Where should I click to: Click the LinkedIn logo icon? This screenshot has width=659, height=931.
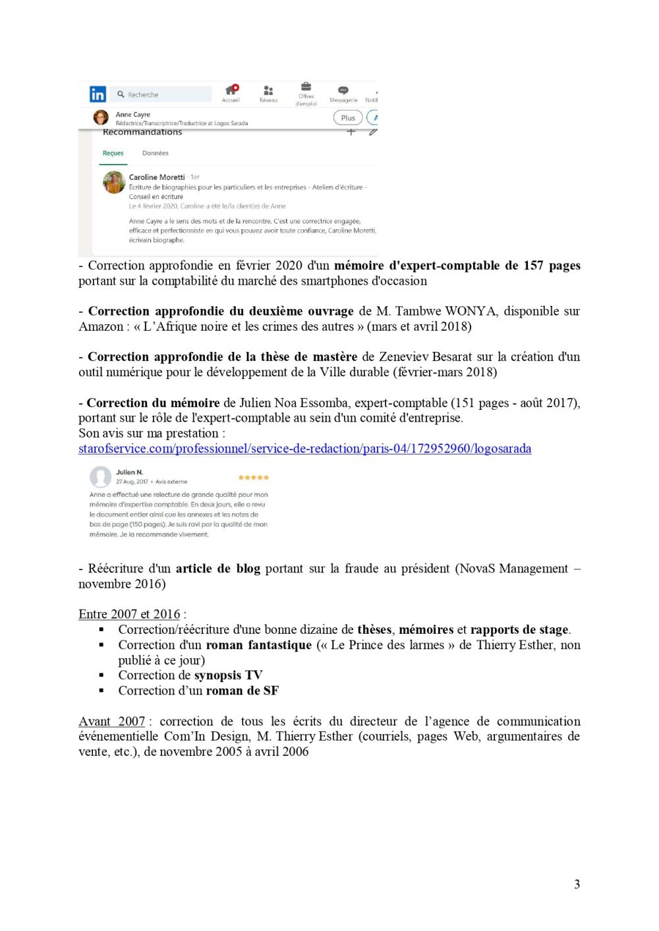point(98,94)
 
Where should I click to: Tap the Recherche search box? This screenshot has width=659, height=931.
point(161,94)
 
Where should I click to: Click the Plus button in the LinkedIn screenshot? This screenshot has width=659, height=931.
point(348,118)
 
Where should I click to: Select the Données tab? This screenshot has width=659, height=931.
point(156,153)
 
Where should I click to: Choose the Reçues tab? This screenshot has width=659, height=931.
point(113,153)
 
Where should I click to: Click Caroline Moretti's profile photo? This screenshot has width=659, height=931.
point(115,183)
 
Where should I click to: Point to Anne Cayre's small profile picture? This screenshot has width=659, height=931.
point(101,118)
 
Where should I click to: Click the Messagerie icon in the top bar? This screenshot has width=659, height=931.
point(343,90)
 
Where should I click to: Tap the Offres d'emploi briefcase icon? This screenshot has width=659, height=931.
point(306,87)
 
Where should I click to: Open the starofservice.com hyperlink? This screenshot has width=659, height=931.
point(304,449)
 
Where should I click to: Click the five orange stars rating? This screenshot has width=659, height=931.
point(253,477)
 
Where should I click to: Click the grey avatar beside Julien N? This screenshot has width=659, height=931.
point(100,476)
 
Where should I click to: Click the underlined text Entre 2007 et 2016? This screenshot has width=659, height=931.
point(129,614)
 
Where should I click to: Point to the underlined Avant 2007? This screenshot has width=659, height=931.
point(111,721)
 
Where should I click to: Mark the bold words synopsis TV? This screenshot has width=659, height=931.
point(228,675)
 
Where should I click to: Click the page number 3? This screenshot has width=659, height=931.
point(577,884)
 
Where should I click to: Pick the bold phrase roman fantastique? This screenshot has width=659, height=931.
point(258,645)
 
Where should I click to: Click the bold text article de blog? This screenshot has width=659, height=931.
point(217,569)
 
